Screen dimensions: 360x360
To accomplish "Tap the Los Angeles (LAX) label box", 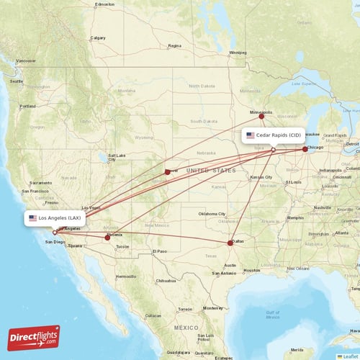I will pyautogui.click(x=56, y=217).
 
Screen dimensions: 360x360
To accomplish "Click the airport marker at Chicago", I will pyautogui.click(x=305, y=149).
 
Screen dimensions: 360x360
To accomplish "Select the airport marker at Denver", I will pyautogui.click(x=167, y=171).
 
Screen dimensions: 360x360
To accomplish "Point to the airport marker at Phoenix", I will pyautogui.click(x=107, y=237).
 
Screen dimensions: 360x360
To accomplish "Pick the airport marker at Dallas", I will pyautogui.click(x=230, y=242).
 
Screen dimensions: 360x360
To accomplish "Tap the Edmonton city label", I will pyautogui.click(x=104, y=4).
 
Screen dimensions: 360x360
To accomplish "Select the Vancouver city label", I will pyautogui.click(x=26, y=60).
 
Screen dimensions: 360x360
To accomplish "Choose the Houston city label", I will pyautogui.click(x=251, y=270).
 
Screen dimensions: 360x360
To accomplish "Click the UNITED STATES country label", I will pyautogui.click(x=210, y=171).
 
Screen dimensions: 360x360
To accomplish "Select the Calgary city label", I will pyautogui.click(x=97, y=37).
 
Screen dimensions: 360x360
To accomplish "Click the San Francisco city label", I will pyautogui.click(x=35, y=191).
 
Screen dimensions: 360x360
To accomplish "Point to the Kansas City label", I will pyautogui.click(x=261, y=176).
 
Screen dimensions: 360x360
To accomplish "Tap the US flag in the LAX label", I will pyautogui.click(x=32, y=217).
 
